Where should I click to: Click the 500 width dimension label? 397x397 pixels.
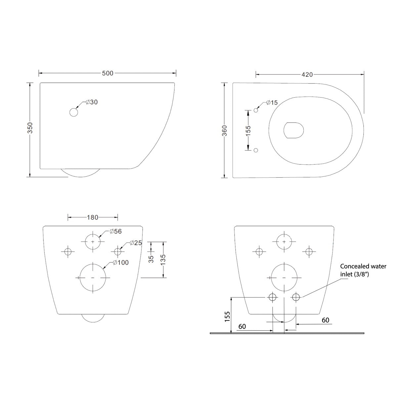(108, 73)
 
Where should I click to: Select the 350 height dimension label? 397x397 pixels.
(30, 128)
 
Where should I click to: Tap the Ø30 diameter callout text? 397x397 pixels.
(92, 102)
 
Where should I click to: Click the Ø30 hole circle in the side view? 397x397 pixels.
(74, 112)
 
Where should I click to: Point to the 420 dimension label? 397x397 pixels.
(307, 74)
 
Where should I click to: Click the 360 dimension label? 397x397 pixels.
(225, 131)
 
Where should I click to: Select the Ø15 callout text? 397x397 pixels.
(272, 102)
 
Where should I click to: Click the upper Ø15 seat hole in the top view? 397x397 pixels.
(256, 110)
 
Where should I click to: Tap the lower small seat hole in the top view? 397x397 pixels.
(256, 150)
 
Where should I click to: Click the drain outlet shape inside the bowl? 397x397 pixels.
(293, 130)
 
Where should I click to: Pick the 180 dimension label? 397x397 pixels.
(93, 217)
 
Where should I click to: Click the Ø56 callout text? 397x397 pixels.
(116, 231)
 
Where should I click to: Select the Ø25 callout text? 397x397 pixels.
(136, 243)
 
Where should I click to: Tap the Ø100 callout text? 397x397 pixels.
(121, 262)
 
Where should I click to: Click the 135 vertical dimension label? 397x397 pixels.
(163, 260)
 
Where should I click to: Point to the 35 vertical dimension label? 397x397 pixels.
(152, 259)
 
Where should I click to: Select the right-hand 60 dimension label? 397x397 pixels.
(326, 320)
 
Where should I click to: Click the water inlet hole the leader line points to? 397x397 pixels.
(296, 297)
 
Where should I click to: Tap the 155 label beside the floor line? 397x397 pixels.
(227, 317)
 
